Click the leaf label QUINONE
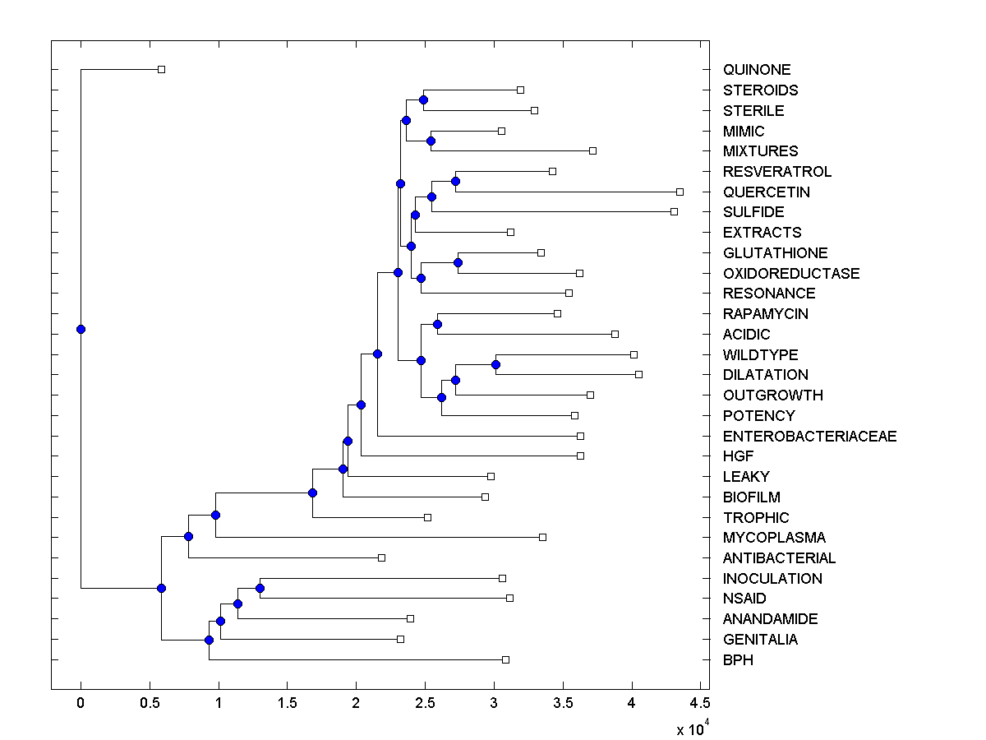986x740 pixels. point(756,70)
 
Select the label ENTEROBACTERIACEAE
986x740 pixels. point(809,436)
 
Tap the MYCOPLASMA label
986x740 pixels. point(774,538)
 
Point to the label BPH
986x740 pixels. point(738,659)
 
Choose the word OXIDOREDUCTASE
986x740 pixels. point(791,273)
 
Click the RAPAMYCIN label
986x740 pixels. point(765,314)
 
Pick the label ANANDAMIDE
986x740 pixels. point(770,619)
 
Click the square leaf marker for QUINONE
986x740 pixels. point(161,69)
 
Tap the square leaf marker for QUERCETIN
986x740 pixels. point(680,192)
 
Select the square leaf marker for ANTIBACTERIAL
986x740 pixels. point(381,557)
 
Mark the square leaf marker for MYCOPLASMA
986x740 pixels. point(542,537)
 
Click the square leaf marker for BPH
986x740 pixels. point(505,659)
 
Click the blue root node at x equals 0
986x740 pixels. point(81,329)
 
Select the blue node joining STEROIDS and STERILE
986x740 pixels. point(423,100)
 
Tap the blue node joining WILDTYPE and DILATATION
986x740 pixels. point(495,364)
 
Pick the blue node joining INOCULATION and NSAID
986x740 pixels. point(260,588)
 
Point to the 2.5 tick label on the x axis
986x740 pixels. point(425,703)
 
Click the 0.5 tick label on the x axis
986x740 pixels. point(150,703)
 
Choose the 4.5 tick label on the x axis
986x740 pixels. point(700,703)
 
